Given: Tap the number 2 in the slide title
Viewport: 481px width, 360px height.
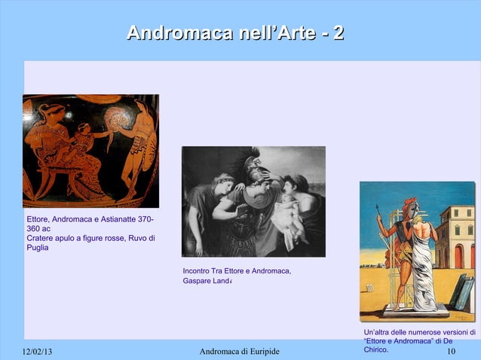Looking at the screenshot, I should [x=339, y=33].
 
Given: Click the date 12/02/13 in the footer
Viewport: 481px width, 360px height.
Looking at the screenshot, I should [x=35, y=352].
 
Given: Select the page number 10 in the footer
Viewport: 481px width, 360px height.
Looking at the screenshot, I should [x=451, y=352].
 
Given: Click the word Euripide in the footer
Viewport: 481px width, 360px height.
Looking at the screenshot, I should [x=260, y=352].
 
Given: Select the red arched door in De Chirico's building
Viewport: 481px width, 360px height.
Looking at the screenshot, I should [x=458, y=256].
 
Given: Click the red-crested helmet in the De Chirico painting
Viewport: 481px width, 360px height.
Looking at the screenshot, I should [x=410, y=206].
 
